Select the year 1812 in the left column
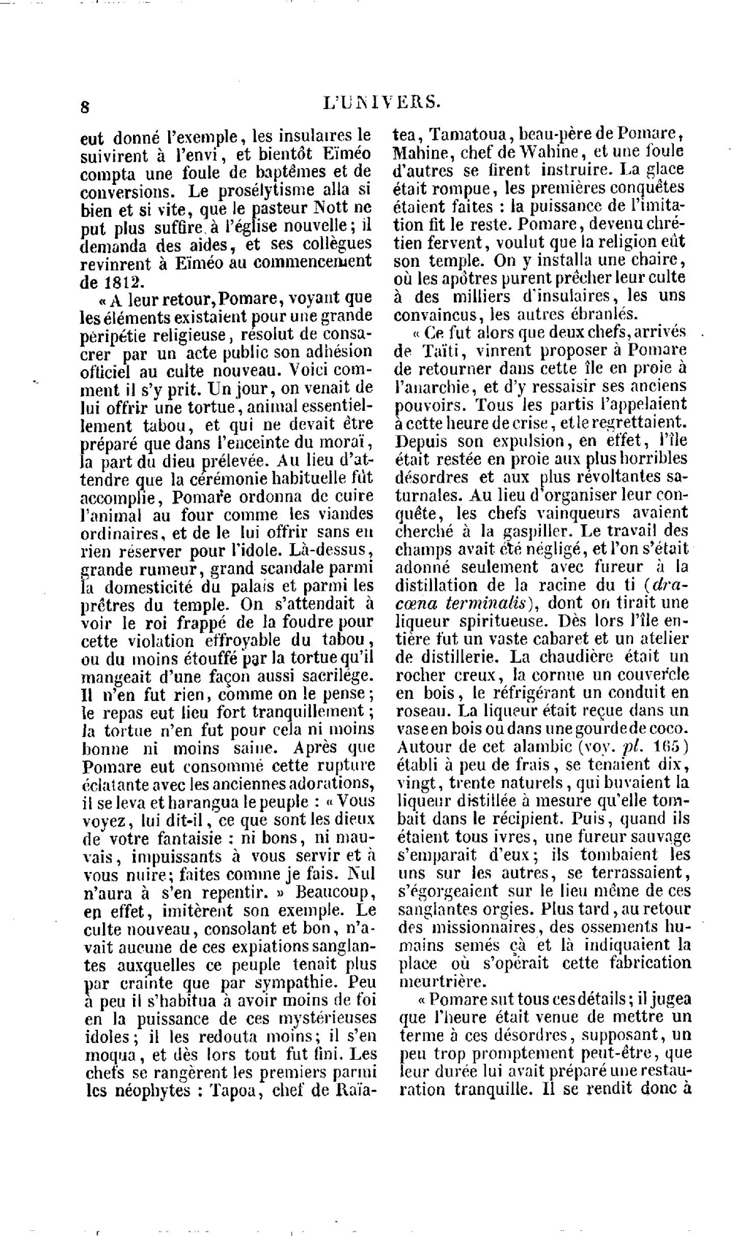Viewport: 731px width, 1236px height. [x=120, y=280]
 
